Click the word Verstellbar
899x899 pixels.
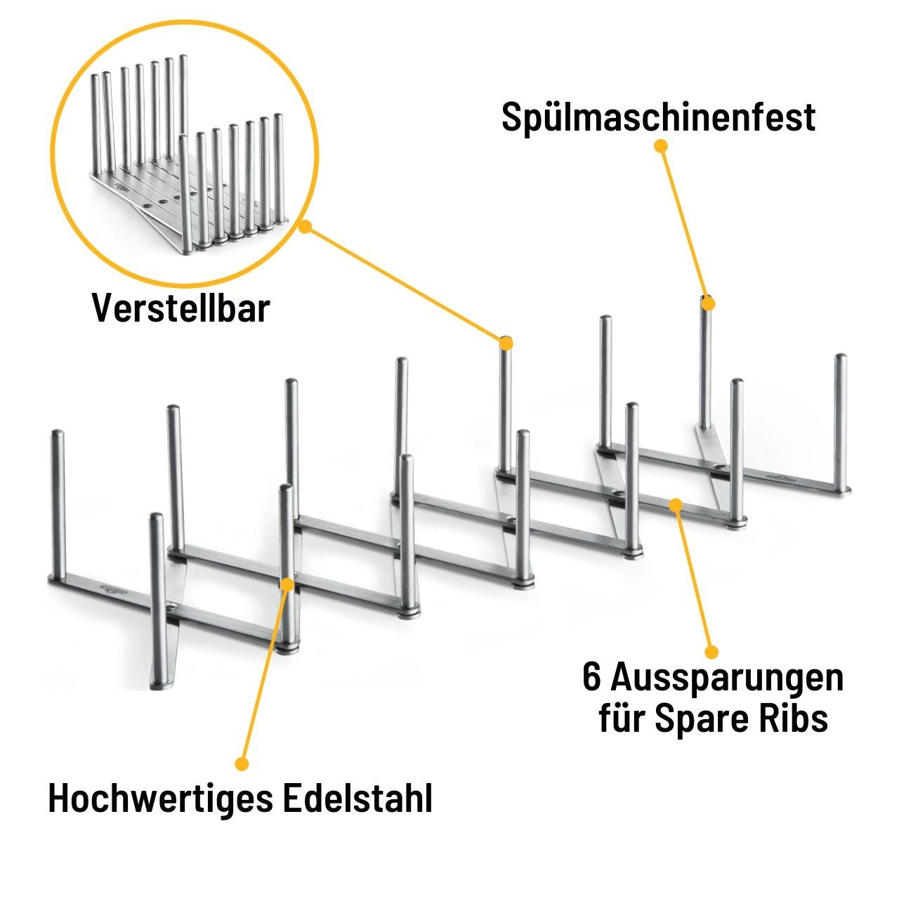click(181, 308)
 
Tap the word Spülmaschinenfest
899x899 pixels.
click(658, 117)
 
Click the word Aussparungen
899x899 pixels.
click(727, 678)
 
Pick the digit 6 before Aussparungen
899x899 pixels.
click(592, 678)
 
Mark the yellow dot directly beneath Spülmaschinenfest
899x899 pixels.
click(660, 145)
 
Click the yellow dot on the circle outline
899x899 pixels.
click(304, 226)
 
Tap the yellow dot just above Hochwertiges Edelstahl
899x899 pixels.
click(242, 763)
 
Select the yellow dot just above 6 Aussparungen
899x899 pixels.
click(711, 651)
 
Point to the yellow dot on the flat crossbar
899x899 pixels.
click(676, 504)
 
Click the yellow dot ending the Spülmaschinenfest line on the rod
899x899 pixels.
click(708, 304)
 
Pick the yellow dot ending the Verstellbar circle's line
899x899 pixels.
click(506, 343)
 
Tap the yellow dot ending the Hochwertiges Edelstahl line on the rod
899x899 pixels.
click(287, 584)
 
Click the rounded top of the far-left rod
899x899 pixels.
click(58, 433)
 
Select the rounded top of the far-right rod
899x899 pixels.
click(840, 358)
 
